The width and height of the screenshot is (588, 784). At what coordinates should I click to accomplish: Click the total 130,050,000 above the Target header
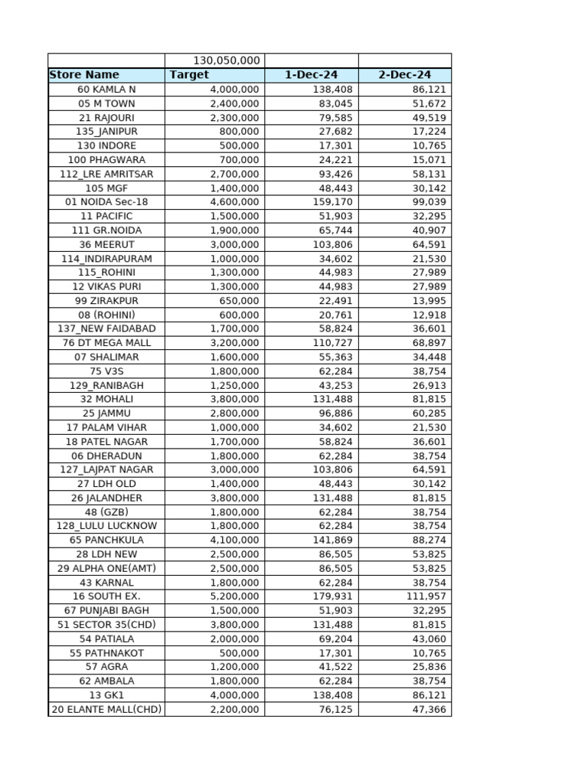click(227, 60)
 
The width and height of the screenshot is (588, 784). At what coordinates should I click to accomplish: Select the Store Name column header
click(84, 75)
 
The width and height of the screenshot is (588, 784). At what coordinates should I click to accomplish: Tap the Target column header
click(189, 75)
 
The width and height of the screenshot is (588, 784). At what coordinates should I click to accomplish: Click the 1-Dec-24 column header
click(311, 75)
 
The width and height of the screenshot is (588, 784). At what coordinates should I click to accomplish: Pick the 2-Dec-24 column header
click(405, 75)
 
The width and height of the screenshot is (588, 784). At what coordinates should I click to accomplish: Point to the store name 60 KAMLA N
click(106, 89)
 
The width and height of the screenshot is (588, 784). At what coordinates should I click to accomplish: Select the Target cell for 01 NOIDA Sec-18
click(234, 202)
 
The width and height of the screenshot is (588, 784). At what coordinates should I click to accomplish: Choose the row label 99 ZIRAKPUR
click(106, 301)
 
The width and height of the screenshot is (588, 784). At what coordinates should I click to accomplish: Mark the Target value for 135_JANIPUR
click(240, 132)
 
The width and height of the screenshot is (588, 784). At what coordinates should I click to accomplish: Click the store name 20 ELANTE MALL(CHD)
click(106, 710)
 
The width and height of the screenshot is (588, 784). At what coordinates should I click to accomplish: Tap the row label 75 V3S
click(106, 371)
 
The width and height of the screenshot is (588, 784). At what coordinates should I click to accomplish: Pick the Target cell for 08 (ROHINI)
click(240, 315)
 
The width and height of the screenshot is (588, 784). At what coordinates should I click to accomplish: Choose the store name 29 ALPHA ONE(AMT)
click(106, 568)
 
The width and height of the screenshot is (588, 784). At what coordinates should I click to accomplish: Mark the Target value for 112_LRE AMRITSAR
click(234, 174)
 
